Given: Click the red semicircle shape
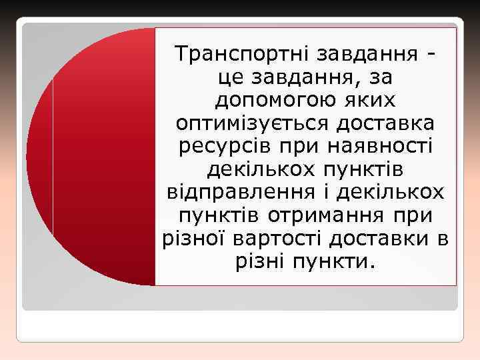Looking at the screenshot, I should [100, 157].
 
